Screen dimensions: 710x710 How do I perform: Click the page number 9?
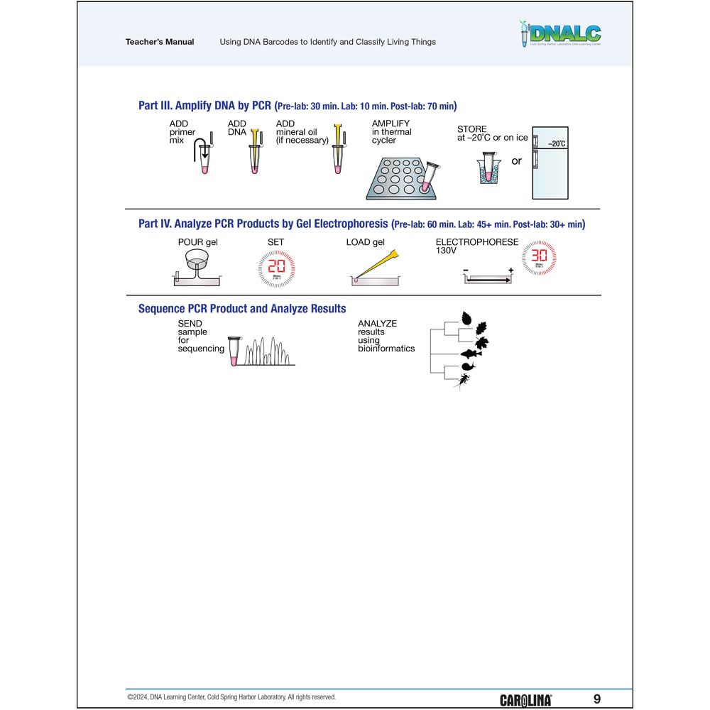pos(596,699)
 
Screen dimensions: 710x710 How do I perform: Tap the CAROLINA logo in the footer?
pos(525,700)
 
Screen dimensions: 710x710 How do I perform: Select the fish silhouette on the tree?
pos(470,354)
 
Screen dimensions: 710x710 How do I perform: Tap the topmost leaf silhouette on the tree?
pos(467,317)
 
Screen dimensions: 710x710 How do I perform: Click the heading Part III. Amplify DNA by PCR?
pos(205,106)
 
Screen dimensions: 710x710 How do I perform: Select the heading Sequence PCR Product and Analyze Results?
pos(242,308)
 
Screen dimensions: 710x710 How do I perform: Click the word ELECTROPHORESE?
pos(476,242)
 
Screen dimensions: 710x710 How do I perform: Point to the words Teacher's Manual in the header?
pos(160,42)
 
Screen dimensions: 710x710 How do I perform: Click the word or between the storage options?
pos(516,161)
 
